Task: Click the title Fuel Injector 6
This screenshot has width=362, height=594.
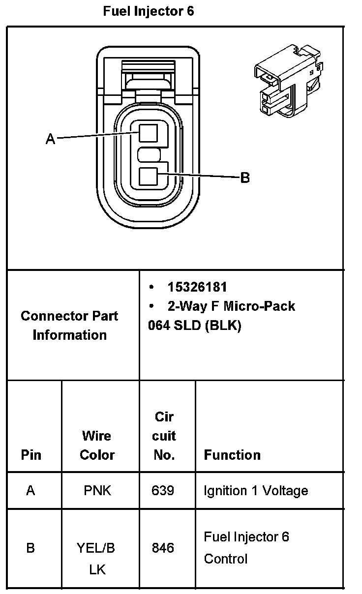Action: (x=148, y=11)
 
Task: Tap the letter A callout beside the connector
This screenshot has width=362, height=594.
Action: (x=50, y=139)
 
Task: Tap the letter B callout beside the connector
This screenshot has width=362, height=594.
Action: (x=245, y=178)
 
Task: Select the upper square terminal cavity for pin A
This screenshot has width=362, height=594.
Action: (x=148, y=133)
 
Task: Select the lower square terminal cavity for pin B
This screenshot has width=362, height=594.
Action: (x=148, y=177)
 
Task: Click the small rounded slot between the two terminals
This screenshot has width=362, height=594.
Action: (x=149, y=154)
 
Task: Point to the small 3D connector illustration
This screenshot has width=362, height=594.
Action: (x=289, y=81)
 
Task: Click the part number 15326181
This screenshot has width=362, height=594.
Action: (x=197, y=287)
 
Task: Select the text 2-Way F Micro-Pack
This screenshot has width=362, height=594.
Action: (x=231, y=306)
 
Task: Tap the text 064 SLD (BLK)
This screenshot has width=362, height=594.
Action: (x=195, y=326)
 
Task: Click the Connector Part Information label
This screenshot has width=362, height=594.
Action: (x=69, y=326)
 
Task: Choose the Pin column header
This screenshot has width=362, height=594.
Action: (x=31, y=455)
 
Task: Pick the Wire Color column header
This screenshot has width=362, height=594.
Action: (x=97, y=445)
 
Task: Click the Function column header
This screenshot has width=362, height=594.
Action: (x=232, y=455)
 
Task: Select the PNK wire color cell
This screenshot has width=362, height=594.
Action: (x=97, y=490)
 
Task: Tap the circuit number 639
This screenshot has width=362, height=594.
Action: (x=163, y=490)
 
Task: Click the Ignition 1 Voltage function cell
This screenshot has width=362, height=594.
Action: (x=256, y=491)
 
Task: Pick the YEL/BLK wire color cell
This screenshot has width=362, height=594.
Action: (x=96, y=559)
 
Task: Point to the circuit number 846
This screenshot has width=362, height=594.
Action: (x=163, y=548)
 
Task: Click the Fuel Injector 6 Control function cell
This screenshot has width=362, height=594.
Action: (x=246, y=548)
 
